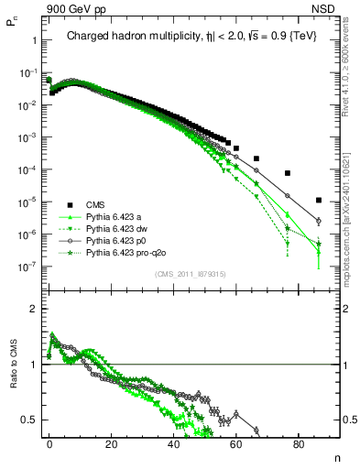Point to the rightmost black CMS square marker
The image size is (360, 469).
[x=318, y=200]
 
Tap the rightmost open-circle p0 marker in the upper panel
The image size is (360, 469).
[x=318, y=221]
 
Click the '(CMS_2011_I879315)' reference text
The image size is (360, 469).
[x=185, y=273]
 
